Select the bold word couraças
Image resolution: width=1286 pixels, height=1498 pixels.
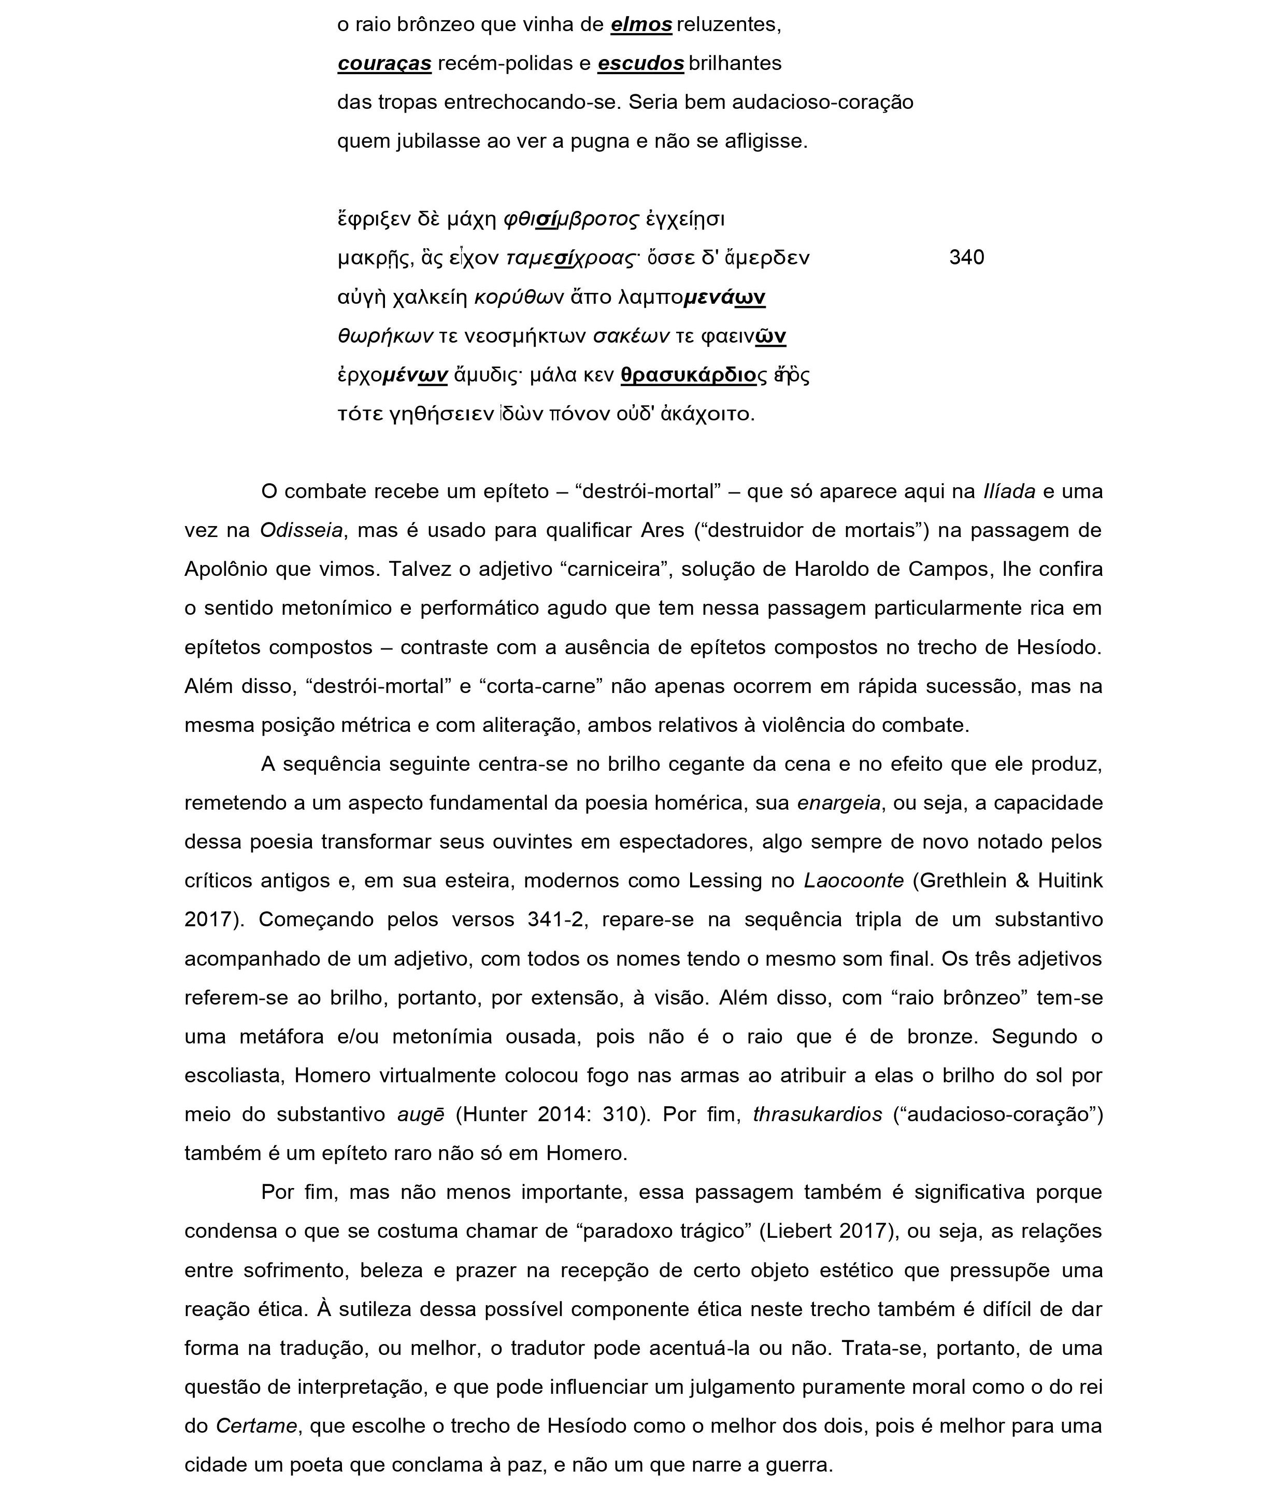coord(384,64)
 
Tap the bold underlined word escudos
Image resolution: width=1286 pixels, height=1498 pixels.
coord(640,64)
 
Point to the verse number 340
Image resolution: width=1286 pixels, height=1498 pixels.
coord(966,258)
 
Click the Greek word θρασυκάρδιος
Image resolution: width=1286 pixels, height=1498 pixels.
coord(693,375)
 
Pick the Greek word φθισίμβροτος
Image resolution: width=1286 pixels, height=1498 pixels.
coord(571,218)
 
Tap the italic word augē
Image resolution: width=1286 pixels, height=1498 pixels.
coord(421,1115)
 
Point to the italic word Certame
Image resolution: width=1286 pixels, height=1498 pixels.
coord(256,1426)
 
